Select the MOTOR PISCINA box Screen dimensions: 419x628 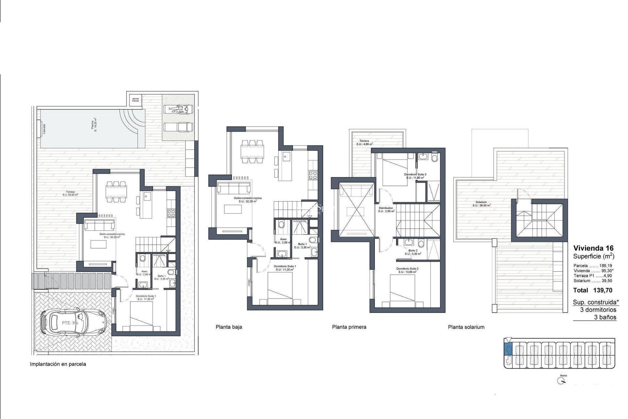[135, 100]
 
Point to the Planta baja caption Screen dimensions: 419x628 [229, 327]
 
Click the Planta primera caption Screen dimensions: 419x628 [349, 327]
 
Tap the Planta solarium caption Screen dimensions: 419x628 [466, 327]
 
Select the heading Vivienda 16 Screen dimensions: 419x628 [593, 248]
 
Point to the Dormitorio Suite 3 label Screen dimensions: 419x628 [415, 176]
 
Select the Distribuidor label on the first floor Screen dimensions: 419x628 [386, 209]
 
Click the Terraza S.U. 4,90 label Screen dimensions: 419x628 [364, 142]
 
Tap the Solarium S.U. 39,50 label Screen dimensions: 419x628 [481, 204]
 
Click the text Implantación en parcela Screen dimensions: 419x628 [58, 364]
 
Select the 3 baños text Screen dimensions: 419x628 [605, 317]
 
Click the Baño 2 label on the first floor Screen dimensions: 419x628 [412, 252]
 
